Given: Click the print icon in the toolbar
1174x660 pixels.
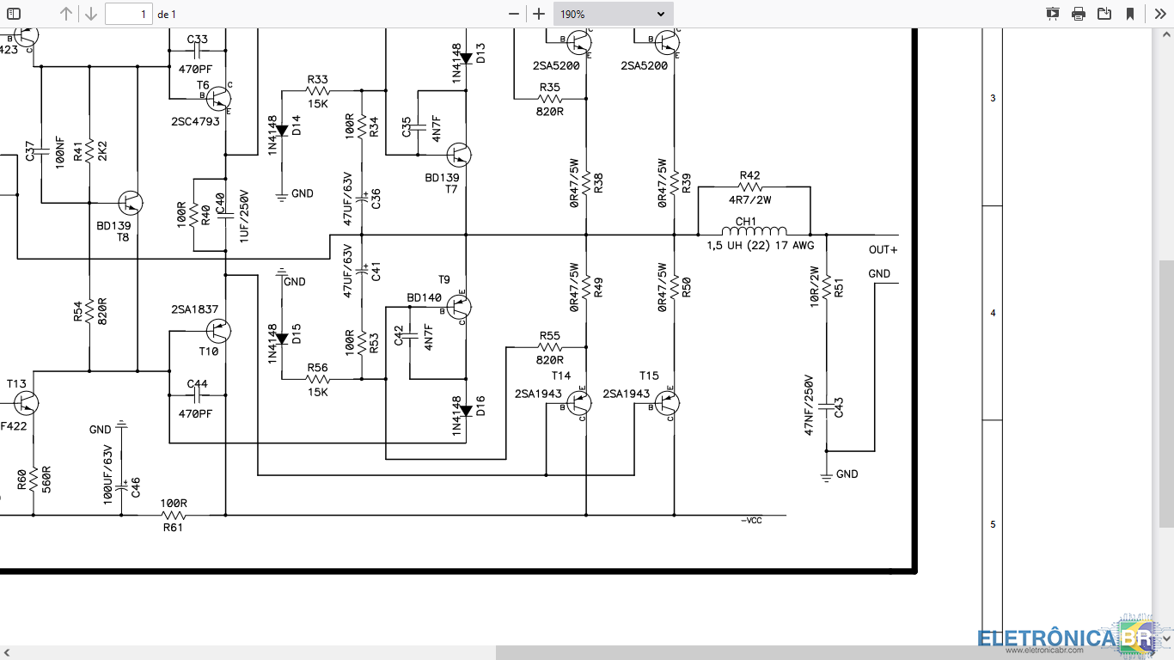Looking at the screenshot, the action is pos(1078,14).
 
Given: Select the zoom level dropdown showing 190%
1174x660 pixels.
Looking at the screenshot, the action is pos(613,14).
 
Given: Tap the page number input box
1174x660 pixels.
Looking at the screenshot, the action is pos(129,14).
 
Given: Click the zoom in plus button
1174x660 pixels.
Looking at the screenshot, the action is pos(539,14).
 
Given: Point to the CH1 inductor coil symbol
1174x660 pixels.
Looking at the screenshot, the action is pos(755,231).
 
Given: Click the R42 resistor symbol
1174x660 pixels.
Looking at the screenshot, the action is pos(750,186).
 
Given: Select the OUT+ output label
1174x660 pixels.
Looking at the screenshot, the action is pos(884,250).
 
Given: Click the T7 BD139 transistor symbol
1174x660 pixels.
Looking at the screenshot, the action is pos(459,156).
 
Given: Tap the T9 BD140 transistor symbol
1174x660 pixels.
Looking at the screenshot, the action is pos(459,307).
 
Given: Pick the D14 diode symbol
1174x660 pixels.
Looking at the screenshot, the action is pos(282,131).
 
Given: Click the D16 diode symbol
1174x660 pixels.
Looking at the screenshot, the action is pos(466,412).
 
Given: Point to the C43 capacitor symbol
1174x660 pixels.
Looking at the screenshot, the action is pos(827,406).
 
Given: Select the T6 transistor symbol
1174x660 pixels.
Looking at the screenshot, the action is pos(218,99).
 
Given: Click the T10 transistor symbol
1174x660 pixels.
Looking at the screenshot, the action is pos(218,331).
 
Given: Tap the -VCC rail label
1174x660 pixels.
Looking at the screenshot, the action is pos(751,521).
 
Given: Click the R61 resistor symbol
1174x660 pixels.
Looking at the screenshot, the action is pos(174,516).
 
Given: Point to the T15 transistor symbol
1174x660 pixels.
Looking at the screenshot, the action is pos(667,403).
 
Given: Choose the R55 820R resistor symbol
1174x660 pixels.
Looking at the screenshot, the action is pos(550,347).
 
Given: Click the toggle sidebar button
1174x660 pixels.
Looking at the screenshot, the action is pos(14,14).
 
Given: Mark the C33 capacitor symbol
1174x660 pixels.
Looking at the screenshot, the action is pos(198,51).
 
